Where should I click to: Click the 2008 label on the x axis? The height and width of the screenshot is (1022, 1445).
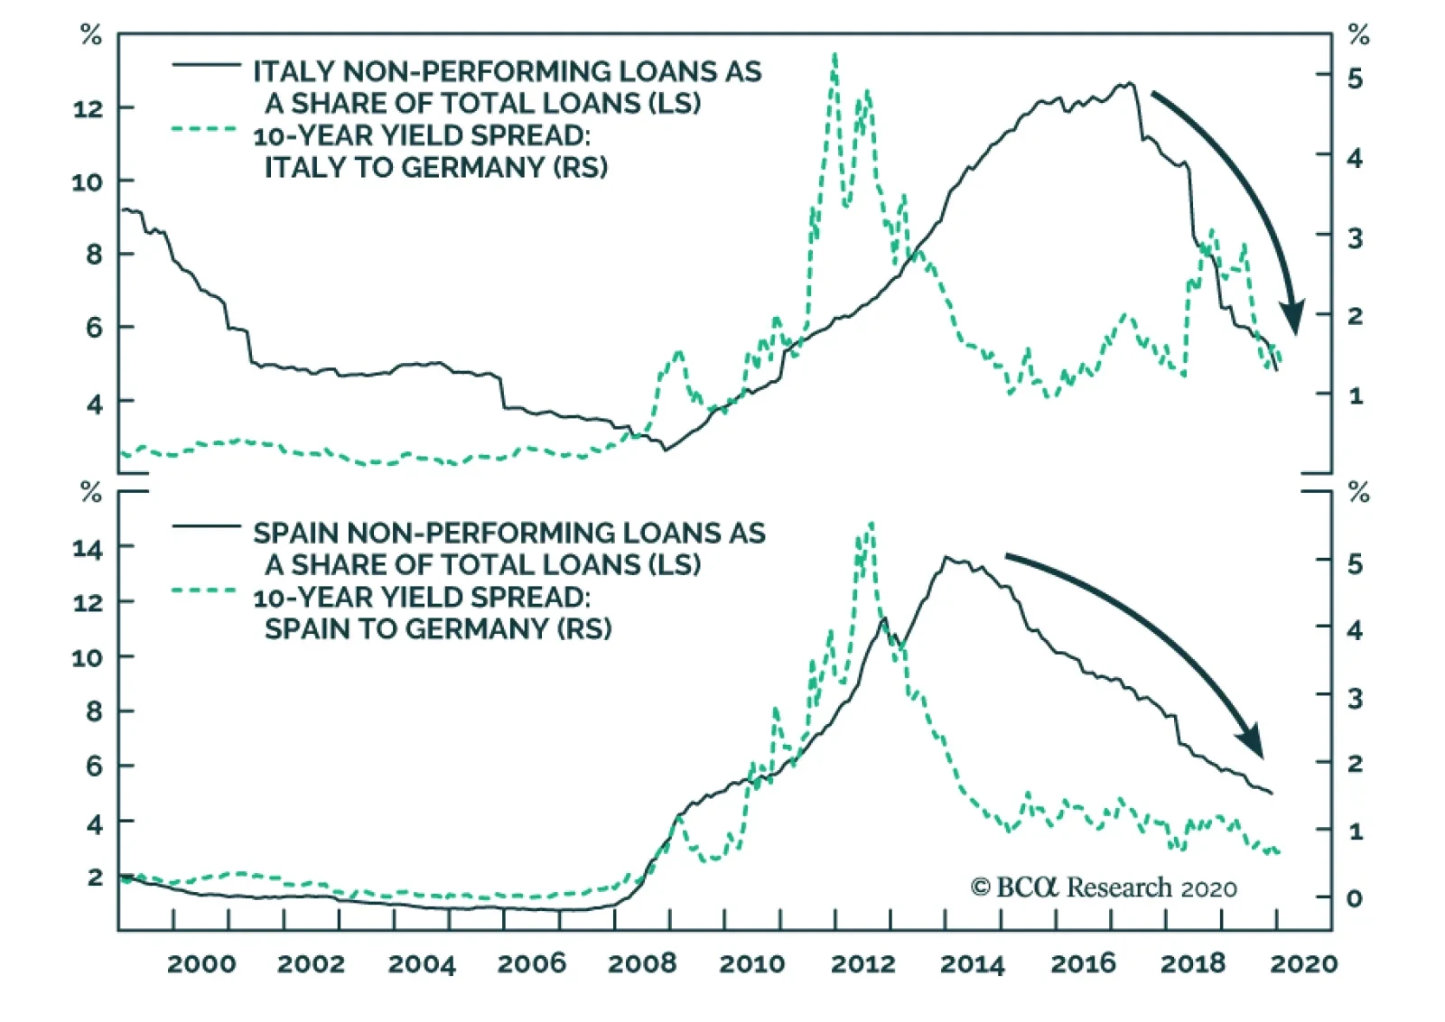641,963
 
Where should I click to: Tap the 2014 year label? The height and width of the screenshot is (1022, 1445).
972,963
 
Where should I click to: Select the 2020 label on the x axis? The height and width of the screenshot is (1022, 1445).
1303,963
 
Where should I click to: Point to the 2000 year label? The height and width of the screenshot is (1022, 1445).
200,963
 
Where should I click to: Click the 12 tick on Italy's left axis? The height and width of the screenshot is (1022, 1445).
89,108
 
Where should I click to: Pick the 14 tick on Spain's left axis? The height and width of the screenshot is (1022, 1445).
89,547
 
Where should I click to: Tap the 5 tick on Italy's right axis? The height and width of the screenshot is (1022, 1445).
1355,79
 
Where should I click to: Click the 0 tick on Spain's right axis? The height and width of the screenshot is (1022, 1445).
1354,898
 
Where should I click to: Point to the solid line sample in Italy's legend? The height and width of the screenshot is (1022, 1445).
206,65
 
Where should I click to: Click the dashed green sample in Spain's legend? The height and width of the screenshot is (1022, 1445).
206,590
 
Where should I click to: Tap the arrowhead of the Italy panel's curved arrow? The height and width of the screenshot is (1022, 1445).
1293,318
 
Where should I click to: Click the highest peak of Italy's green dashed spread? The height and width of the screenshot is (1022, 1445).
834,56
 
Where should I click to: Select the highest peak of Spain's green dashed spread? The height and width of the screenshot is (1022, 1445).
870,524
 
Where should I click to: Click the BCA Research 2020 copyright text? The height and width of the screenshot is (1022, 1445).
1104,887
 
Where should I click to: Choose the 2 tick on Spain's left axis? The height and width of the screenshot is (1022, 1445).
95,877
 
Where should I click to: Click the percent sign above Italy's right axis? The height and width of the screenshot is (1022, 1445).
1358,35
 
